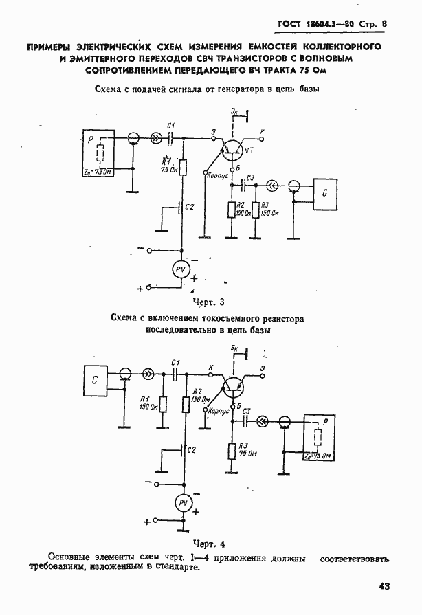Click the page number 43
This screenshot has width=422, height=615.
384,586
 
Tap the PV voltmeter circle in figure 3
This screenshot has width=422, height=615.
181,269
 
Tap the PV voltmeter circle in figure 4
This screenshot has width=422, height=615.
183,504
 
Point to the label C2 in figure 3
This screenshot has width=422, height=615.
190,207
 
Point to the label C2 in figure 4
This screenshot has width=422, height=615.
192,449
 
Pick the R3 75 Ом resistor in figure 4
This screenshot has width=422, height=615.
234,450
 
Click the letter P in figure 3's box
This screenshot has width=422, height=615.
91,139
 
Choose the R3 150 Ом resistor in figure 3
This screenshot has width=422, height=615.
256,210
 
